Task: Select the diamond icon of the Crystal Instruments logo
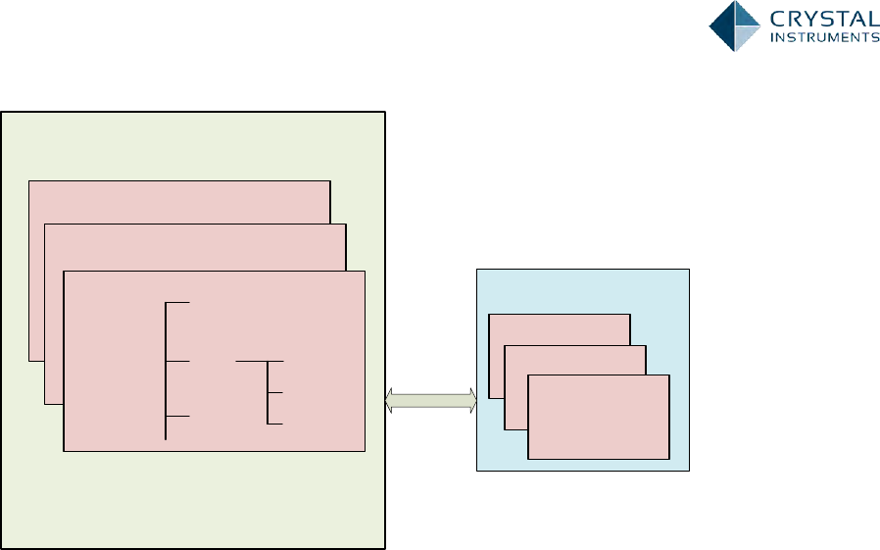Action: click(x=735, y=25)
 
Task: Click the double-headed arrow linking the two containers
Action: click(x=431, y=399)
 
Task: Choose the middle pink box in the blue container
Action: click(x=575, y=359)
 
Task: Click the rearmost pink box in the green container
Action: click(x=179, y=201)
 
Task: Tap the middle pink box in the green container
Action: click(x=196, y=246)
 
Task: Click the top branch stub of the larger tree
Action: click(x=178, y=303)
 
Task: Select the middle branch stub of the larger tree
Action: click(x=178, y=362)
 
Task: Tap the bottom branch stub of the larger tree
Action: click(x=178, y=417)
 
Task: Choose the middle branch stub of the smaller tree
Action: click(x=275, y=392)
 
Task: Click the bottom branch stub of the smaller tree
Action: click(x=275, y=424)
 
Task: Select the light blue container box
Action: click(x=582, y=290)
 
